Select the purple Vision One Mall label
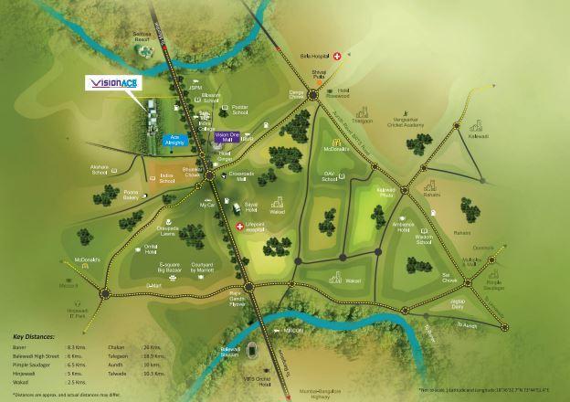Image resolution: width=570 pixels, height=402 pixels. click(228, 137)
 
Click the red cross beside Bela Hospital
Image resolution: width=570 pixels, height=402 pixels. click(337, 56)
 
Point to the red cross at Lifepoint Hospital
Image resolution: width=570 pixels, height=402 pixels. click(239, 227)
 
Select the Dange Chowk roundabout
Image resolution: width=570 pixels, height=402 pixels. click(313, 95)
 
